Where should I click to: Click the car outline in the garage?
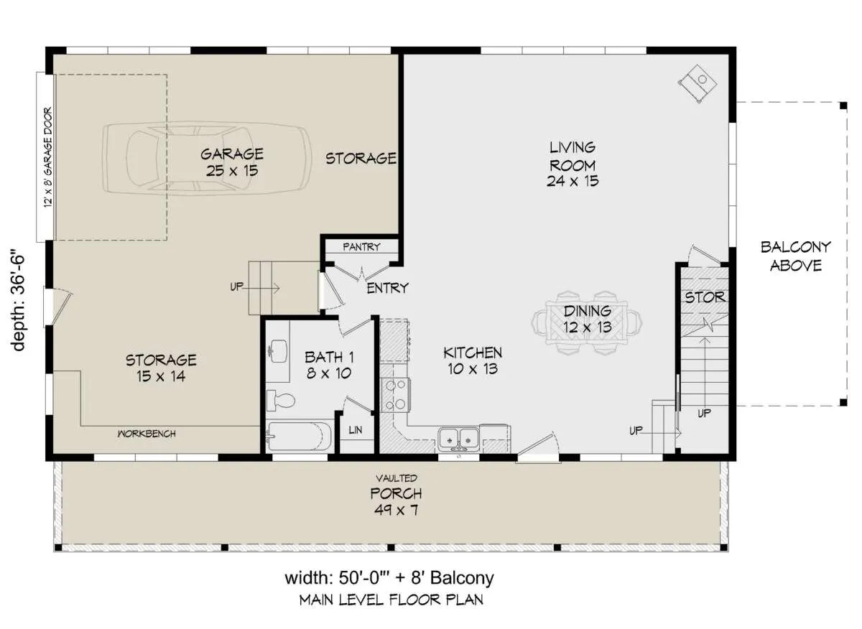click(x=207, y=159)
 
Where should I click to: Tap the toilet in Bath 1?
click(x=281, y=401)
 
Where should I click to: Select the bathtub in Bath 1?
click(x=299, y=437)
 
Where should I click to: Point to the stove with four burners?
click(x=395, y=395)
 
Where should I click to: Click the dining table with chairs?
click(x=587, y=323)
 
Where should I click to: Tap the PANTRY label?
click(x=361, y=246)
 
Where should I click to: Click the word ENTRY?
click(x=387, y=288)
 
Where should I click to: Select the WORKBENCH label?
click(x=147, y=434)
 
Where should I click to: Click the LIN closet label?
click(x=355, y=429)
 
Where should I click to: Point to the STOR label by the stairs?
click(x=705, y=297)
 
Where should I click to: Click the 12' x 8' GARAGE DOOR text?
click(x=47, y=157)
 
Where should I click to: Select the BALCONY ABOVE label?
click(x=796, y=256)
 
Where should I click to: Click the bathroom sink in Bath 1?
click(x=278, y=351)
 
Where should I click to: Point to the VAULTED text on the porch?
click(x=397, y=478)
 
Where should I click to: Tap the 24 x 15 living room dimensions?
click(x=573, y=180)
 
